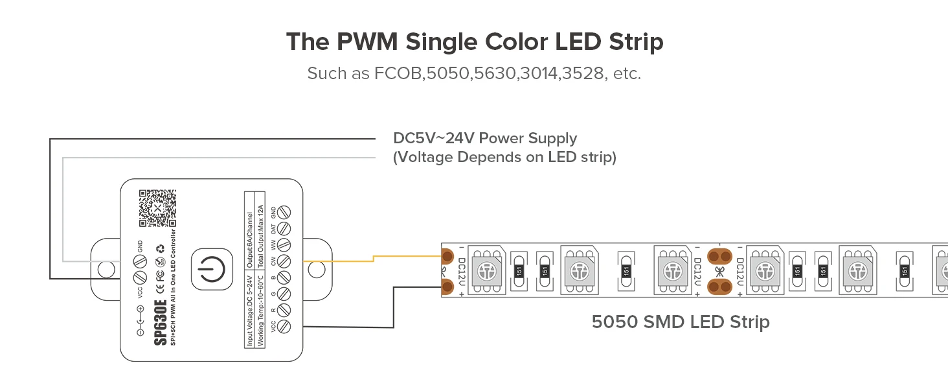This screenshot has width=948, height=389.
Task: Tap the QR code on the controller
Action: click(157, 208)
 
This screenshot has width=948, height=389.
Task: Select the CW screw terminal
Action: click(283, 262)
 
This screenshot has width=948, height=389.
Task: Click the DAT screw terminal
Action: click(283, 228)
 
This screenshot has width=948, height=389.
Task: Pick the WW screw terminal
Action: click(283, 245)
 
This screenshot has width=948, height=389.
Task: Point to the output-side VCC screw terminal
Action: click(283, 328)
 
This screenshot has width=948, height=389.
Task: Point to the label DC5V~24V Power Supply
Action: click(485, 138)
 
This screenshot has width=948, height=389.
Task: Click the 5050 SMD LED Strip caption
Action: click(680, 322)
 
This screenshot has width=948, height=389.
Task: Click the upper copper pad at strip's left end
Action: click(446, 255)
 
